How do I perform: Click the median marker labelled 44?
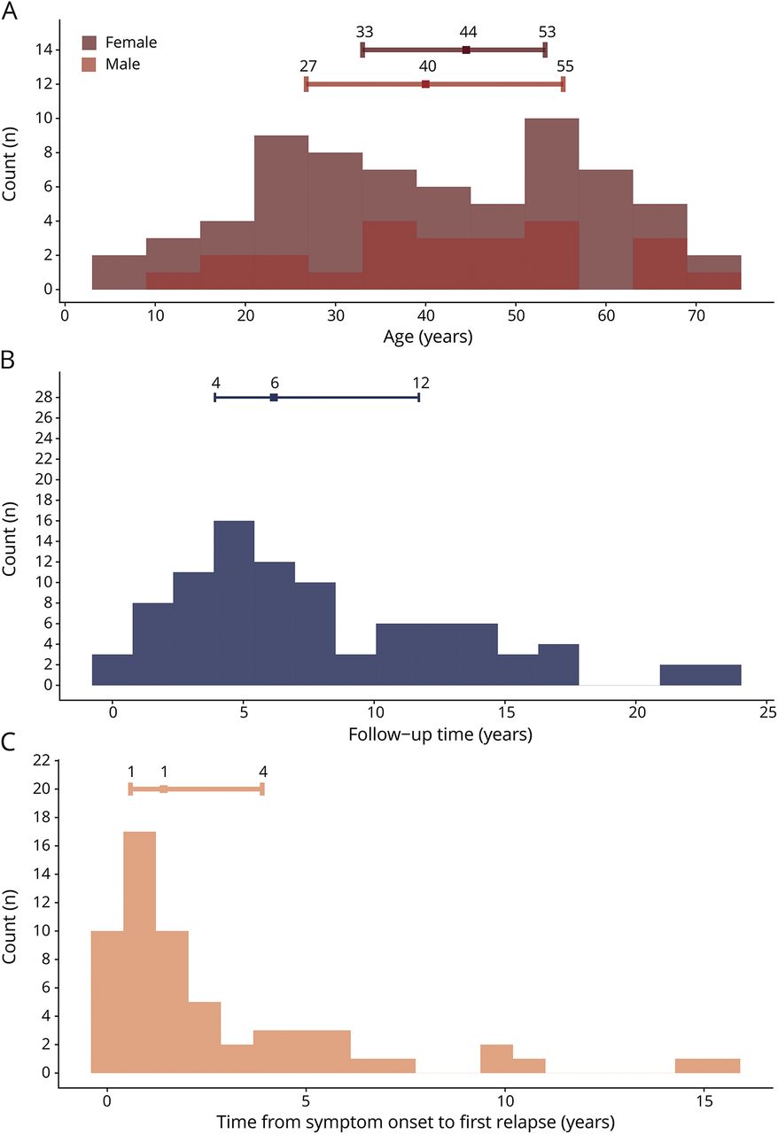[x=466, y=50]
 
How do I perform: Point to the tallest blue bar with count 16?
[x=234, y=602]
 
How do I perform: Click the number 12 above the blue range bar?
[x=421, y=383]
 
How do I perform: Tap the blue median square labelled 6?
[x=274, y=398]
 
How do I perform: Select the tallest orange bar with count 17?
[x=140, y=951]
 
